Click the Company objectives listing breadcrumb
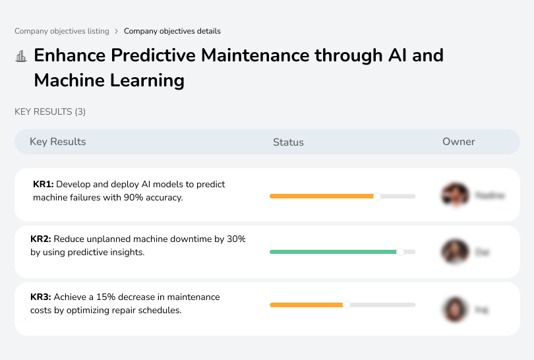pyautogui.click(x=62, y=31)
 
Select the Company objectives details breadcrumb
pyautogui.click(x=172, y=31)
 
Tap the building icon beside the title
pyautogui.click(x=21, y=56)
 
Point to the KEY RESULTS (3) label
pyautogui.click(x=50, y=112)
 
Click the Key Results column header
pyautogui.click(x=58, y=142)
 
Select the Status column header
pyautogui.click(x=288, y=142)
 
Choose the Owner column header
pyautogui.click(x=459, y=142)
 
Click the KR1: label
pyautogui.click(x=43, y=185)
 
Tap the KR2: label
pyautogui.click(x=41, y=239)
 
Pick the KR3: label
pyautogui.click(x=41, y=297)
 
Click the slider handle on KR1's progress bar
pyautogui.click(x=377, y=196)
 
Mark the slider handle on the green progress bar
pyautogui.click(x=400, y=251)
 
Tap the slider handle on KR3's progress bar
pyautogui.click(x=346, y=305)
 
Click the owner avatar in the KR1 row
pyautogui.click(x=454, y=195)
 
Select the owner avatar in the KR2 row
pyautogui.click(x=454, y=251)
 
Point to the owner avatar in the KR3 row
pyautogui.click(x=454, y=309)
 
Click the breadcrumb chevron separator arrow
pyautogui.click(x=117, y=31)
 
